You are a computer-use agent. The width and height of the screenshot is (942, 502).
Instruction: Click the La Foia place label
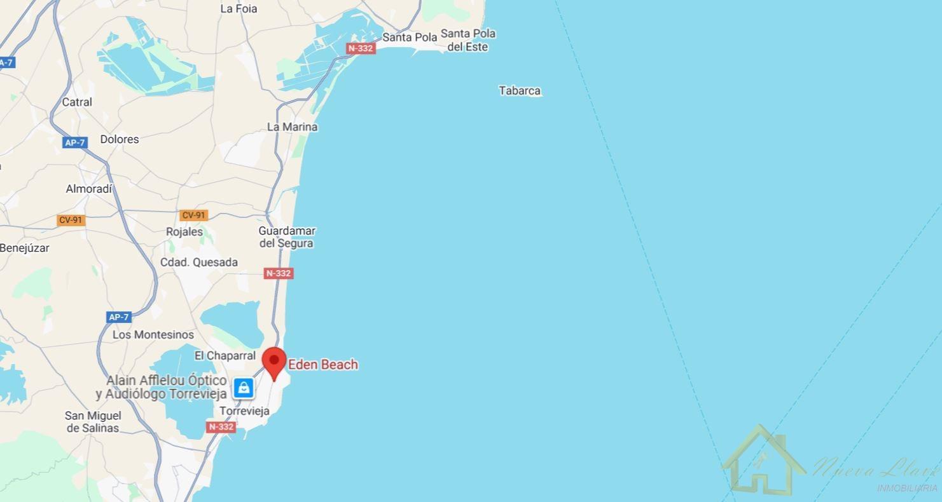tap(239, 9)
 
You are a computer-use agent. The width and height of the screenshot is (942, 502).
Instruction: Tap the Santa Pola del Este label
tap(468, 40)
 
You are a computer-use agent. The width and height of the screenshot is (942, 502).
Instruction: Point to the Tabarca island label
tap(520, 91)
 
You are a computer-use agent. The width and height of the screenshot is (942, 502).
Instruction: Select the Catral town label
tap(77, 102)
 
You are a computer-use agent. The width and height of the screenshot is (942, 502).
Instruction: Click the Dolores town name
tap(119, 139)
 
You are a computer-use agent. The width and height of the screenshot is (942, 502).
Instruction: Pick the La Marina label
tap(292, 126)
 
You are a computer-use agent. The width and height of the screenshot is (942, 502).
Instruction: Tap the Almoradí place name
tap(89, 189)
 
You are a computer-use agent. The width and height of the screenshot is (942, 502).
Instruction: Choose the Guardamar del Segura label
tap(286, 237)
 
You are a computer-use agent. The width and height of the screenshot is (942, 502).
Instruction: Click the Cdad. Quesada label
tap(199, 262)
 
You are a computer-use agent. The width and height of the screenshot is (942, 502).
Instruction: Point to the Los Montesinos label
tap(153, 334)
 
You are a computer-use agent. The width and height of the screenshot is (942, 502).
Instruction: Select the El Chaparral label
tap(225, 356)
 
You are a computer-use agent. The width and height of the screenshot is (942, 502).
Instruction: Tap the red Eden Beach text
tap(323, 365)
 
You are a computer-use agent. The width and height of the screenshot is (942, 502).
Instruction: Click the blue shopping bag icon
tap(244, 388)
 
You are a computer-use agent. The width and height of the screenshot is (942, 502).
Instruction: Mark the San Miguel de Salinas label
tap(93, 422)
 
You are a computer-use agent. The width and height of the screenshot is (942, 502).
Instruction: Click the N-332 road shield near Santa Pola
tap(361, 48)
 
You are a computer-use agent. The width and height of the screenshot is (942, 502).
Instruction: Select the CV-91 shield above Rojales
tap(193, 215)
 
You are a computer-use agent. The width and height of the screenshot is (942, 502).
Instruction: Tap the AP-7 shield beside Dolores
tap(74, 142)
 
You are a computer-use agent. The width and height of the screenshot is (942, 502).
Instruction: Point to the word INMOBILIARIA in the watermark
tap(907, 488)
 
